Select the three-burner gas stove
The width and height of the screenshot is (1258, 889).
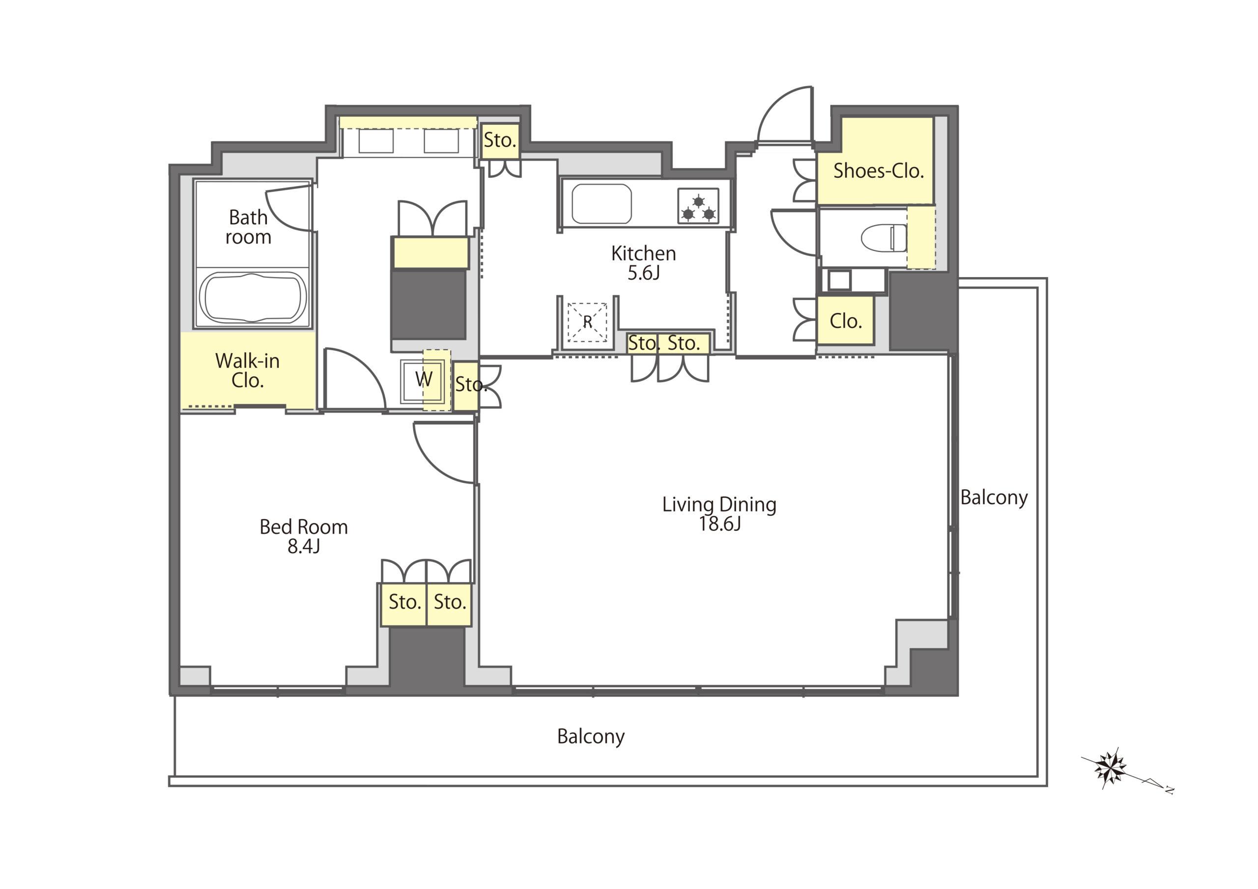tap(698, 206)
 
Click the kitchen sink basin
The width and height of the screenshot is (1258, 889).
tap(601, 204)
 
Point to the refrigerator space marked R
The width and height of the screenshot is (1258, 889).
tap(587, 322)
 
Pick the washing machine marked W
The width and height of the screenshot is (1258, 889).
tap(423, 380)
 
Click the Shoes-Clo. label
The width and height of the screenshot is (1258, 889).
tap(878, 171)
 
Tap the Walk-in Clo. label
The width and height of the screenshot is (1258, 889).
tap(248, 371)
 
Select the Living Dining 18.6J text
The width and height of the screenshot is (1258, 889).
tap(719, 514)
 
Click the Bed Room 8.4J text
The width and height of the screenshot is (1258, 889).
tap(304, 536)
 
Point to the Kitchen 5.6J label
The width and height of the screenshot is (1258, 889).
tap(643, 263)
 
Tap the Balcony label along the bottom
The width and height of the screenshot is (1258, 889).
tap(591, 737)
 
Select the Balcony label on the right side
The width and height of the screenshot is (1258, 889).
tap(994, 498)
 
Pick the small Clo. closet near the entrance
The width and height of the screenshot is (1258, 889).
tap(845, 321)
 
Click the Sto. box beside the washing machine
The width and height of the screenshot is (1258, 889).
tap(466, 386)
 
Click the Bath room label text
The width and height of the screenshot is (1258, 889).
tap(248, 227)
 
